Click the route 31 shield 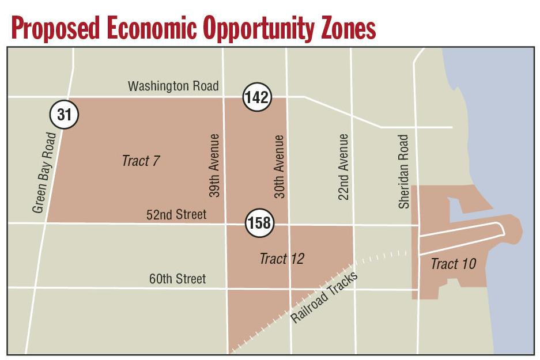[64, 115]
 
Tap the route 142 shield [256, 97]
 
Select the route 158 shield [259, 222]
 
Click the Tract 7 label [140, 161]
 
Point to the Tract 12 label [281, 259]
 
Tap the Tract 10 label [453, 264]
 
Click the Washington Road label [173, 86]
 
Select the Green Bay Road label [44, 172]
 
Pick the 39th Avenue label [214, 166]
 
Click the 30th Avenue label [280, 166]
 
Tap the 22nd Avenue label [343, 166]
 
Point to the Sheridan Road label [403, 171]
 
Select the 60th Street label [177, 279]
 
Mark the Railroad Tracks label [324, 297]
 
